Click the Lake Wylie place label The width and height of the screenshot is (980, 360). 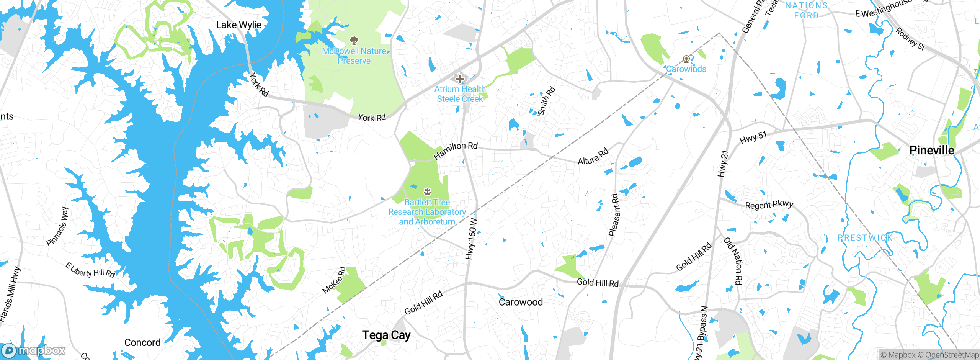pyautogui.click(x=238, y=25)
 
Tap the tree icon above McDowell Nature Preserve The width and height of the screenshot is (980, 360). pyautogui.click(x=354, y=40)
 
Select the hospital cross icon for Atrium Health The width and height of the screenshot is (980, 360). pyautogui.click(x=460, y=79)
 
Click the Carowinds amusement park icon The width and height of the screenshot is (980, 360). pyautogui.click(x=686, y=59)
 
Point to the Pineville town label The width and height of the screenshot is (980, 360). pyautogui.click(x=931, y=150)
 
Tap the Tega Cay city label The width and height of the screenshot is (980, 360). pyautogui.click(x=386, y=335)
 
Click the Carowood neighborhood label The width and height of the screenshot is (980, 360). pyautogui.click(x=521, y=302)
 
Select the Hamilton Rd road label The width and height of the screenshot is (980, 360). pyautogui.click(x=455, y=150)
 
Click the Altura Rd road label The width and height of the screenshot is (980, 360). pyautogui.click(x=593, y=156)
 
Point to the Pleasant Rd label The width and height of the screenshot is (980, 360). pyautogui.click(x=614, y=215)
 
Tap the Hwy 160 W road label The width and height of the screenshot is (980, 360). pyautogui.click(x=472, y=239)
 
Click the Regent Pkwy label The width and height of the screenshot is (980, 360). pyautogui.click(x=769, y=205)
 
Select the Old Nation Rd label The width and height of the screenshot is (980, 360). pyautogui.click(x=733, y=261)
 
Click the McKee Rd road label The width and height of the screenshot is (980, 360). pyautogui.click(x=334, y=280)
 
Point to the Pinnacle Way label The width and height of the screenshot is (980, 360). pyautogui.click(x=57, y=226)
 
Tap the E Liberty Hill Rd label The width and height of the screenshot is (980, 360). pyautogui.click(x=90, y=270)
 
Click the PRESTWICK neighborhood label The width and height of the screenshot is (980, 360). pyautogui.click(x=865, y=238)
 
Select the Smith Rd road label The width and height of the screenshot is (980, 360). pyautogui.click(x=546, y=101)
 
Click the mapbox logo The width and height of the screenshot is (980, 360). pyautogui.click(x=34, y=350)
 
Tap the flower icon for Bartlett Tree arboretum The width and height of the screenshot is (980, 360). pyautogui.click(x=427, y=191)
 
